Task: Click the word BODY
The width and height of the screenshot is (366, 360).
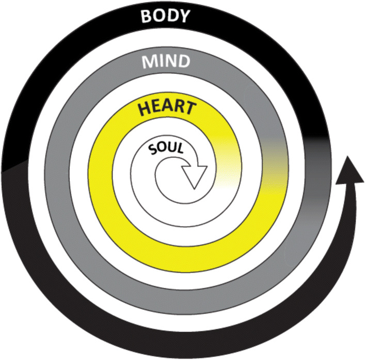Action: tap(165, 18)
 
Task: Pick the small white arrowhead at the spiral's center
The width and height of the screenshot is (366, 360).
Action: tap(196, 176)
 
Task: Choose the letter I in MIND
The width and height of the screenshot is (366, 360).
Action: tap(158, 62)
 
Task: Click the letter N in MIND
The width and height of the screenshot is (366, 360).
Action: tap(170, 62)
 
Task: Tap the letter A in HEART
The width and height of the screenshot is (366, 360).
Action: tap(166, 108)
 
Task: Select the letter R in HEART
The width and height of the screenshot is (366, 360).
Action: tap(179, 109)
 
